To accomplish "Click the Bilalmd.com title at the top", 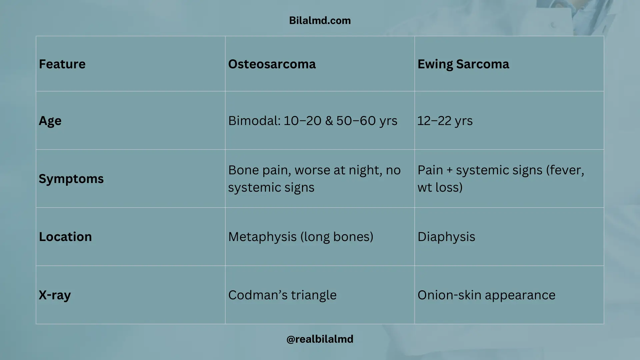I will [x=320, y=21].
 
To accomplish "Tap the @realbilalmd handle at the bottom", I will [x=320, y=339].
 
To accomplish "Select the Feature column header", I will [x=62, y=64].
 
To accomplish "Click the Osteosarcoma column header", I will [x=272, y=64].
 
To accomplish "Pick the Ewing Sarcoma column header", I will [x=463, y=64].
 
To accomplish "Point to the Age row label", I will [x=50, y=121].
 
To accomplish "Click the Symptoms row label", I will [x=71, y=179].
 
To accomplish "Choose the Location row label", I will [x=65, y=237].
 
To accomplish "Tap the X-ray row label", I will [x=55, y=295].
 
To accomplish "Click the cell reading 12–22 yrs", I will [x=445, y=121].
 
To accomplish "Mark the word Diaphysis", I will [x=446, y=237].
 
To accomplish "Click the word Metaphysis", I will [x=262, y=237].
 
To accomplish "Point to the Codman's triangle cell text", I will [x=282, y=295].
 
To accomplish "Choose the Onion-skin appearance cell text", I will [x=486, y=295].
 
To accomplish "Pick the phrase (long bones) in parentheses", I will [x=337, y=237].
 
